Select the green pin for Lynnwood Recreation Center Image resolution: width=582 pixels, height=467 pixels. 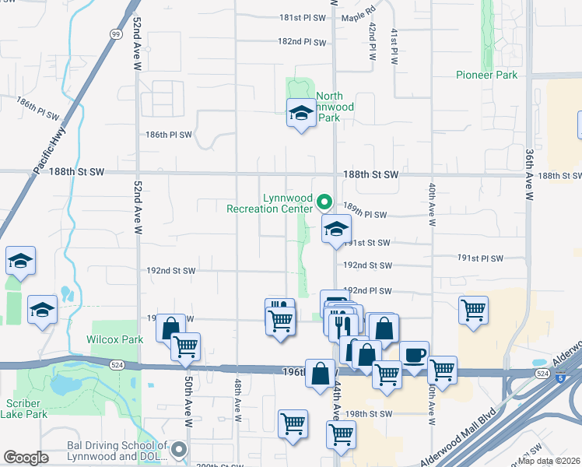coord(326,202)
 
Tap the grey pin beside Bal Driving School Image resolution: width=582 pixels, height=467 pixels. coord(180,449)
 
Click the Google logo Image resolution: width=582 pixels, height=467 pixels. coord(26,458)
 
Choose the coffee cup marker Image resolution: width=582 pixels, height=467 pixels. coord(414,354)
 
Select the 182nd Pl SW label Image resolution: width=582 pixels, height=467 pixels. coord(302,41)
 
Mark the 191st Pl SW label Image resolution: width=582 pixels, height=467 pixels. coord(481,258)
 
